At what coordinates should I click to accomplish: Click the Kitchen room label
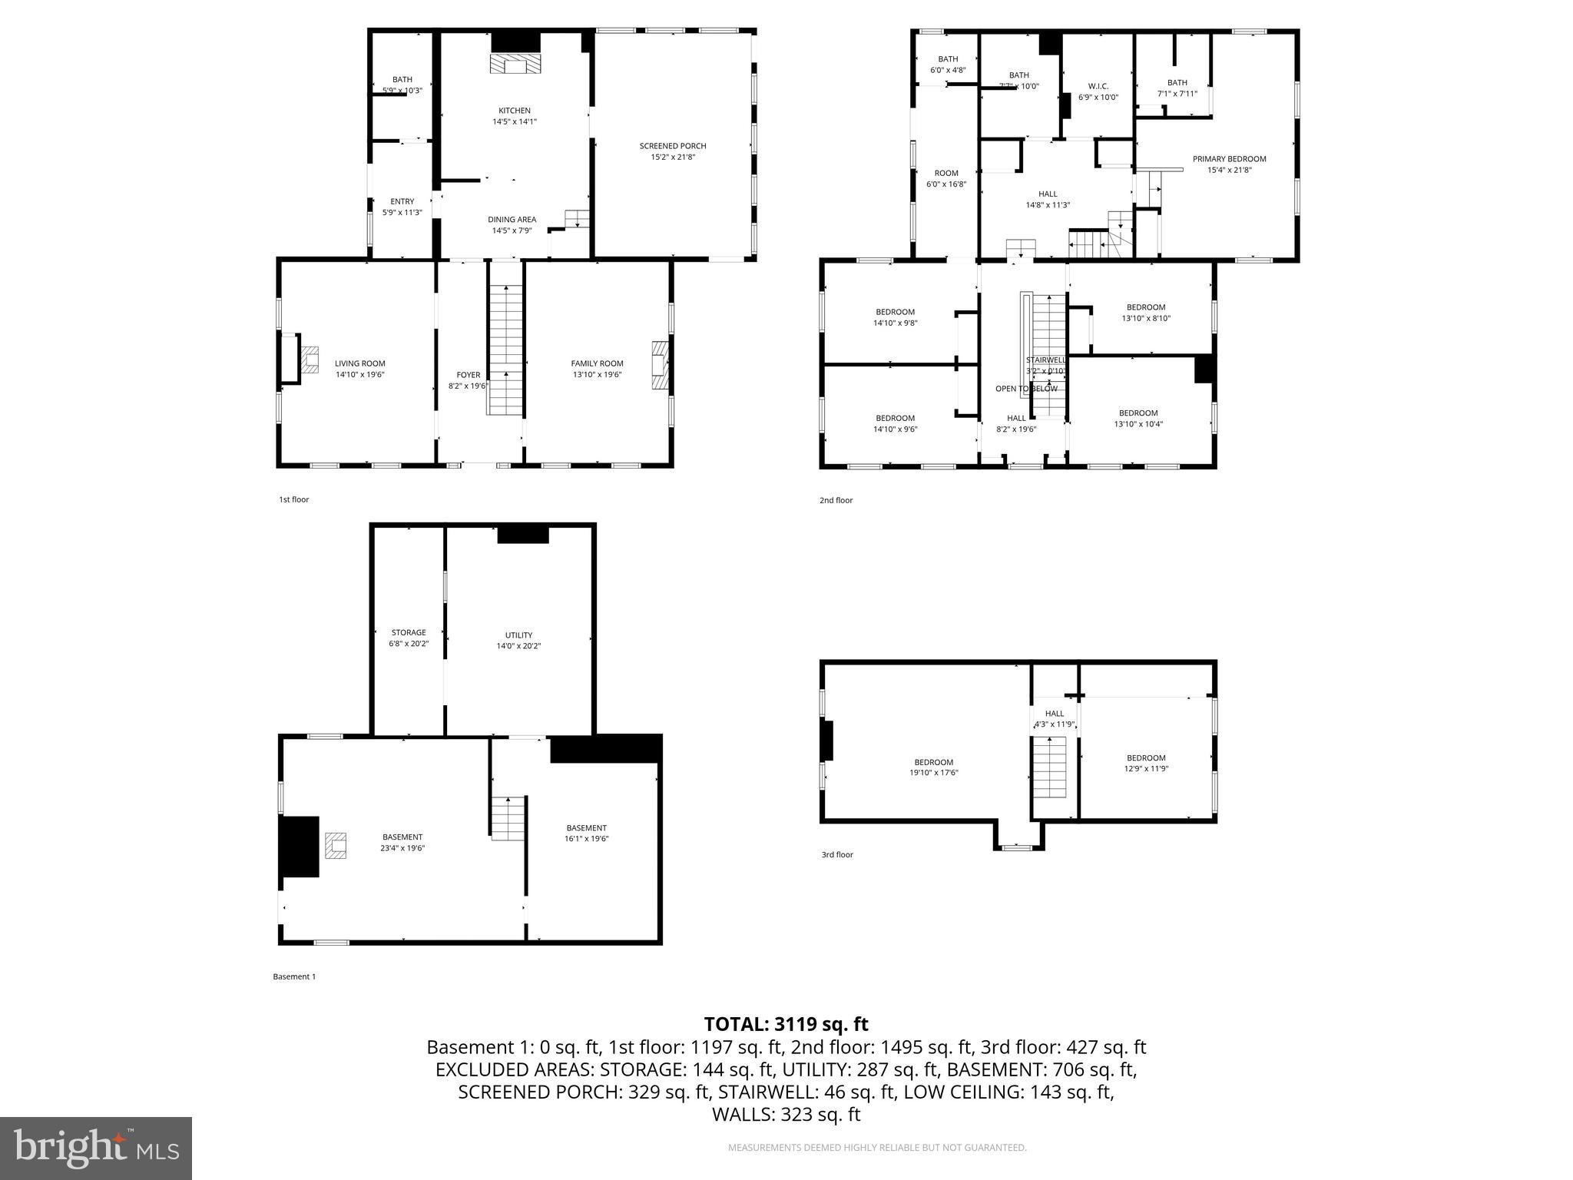click(x=514, y=111)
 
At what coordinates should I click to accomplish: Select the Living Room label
click(x=359, y=363)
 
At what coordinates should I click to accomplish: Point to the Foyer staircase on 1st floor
click(x=505, y=350)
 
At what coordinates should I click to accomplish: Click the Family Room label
click(x=597, y=363)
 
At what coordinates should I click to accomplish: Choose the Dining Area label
click(x=512, y=220)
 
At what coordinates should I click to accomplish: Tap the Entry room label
click(x=402, y=201)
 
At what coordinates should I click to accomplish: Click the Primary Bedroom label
click(x=1229, y=159)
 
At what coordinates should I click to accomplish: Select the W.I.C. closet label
click(x=1098, y=86)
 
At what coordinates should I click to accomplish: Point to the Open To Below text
click(x=1026, y=389)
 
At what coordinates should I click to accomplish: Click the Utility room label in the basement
click(x=518, y=635)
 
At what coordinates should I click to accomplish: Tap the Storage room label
click(x=408, y=632)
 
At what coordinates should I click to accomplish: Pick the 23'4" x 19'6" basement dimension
click(x=402, y=848)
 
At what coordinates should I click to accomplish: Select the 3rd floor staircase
click(x=1049, y=767)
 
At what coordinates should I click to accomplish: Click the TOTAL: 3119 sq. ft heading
click(x=786, y=1024)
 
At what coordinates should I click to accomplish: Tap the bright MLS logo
click(x=96, y=1148)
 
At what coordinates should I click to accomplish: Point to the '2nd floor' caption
click(x=836, y=500)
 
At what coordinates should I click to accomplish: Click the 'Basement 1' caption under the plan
click(x=294, y=976)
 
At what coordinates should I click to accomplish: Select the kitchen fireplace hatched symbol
click(x=515, y=64)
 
